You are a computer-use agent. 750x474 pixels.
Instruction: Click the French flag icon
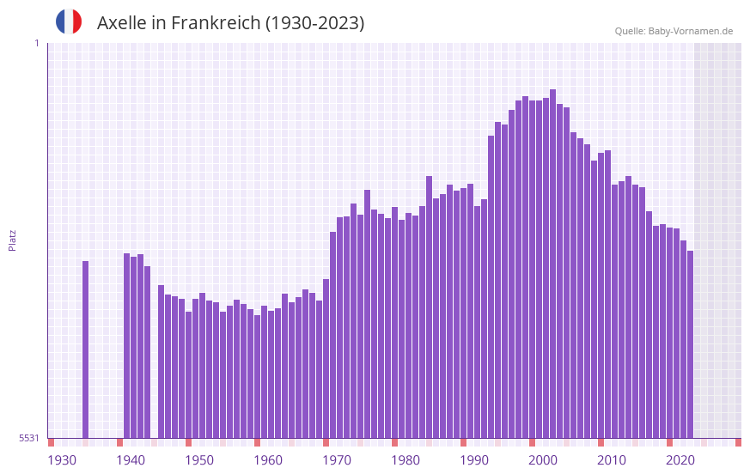click(69, 21)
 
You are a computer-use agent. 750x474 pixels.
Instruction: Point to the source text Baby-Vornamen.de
click(691, 31)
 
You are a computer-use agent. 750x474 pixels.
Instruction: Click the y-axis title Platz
click(12, 240)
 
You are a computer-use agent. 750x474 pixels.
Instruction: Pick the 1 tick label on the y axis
click(36, 43)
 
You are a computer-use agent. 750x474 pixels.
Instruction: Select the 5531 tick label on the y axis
click(29, 438)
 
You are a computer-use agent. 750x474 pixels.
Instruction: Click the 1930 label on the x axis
click(62, 460)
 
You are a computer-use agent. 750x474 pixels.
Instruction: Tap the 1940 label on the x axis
click(131, 460)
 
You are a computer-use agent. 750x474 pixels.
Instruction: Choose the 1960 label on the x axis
click(268, 460)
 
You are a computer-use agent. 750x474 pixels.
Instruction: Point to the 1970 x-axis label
click(337, 460)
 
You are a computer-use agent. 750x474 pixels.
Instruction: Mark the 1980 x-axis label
click(405, 460)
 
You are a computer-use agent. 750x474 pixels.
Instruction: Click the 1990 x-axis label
click(474, 460)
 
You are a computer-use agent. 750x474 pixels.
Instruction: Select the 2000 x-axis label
click(543, 460)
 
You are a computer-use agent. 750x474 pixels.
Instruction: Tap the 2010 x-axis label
click(612, 460)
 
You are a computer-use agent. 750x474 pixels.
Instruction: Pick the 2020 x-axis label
click(680, 460)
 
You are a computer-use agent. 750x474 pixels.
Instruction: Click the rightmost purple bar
click(691, 343)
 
